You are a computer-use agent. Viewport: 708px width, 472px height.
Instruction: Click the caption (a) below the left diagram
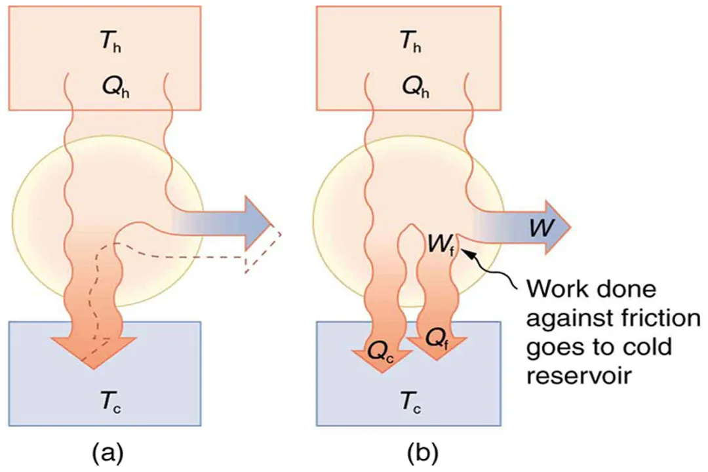tap(106, 452)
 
